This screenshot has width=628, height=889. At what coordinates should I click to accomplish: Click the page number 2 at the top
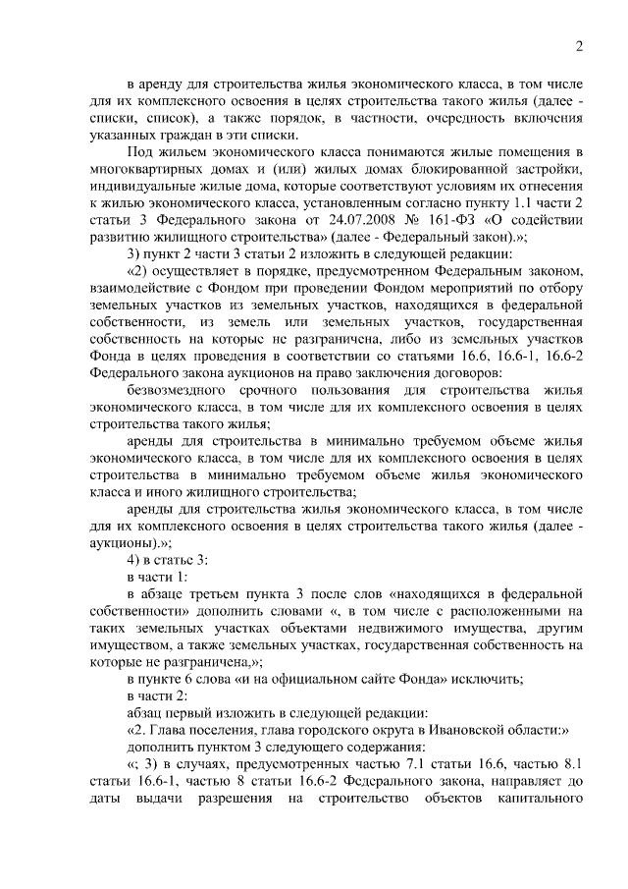click(579, 46)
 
